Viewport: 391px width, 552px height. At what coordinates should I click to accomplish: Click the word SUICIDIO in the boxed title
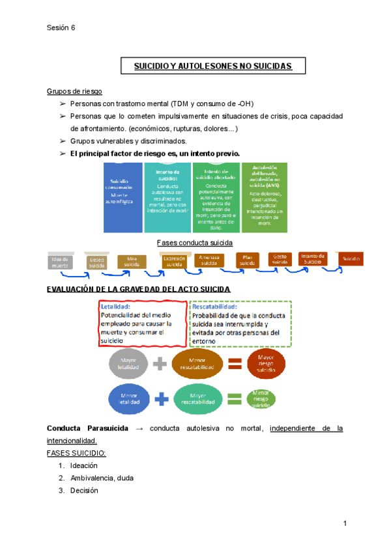tap(152, 66)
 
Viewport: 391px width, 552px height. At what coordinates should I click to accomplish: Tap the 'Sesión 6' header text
tap(61, 27)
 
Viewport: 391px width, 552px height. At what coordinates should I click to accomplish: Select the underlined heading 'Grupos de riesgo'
tap(74, 90)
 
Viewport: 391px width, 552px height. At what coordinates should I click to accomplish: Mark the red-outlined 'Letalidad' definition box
tap(142, 323)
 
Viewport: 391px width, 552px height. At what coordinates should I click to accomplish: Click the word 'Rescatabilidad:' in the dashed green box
tap(215, 307)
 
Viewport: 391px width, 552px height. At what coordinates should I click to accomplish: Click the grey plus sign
tap(161, 365)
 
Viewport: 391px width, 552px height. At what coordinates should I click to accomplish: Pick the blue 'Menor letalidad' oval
tap(128, 398)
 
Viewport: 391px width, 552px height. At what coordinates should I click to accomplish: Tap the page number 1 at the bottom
tap(344, 524)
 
